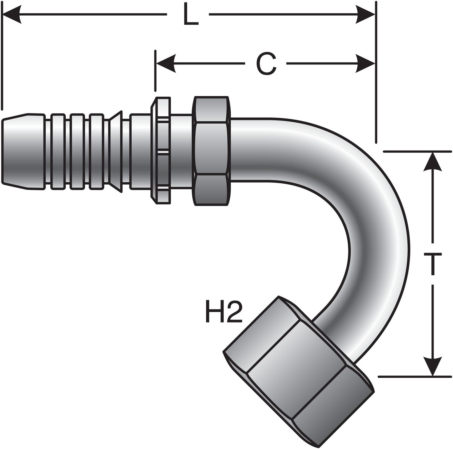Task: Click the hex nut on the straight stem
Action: click(212, 151)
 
